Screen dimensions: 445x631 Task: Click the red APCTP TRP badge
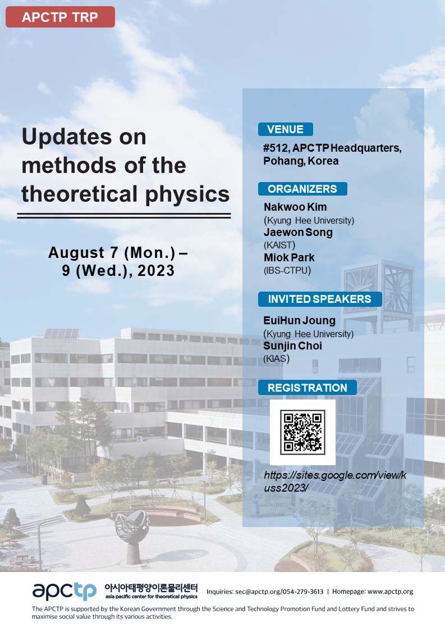(x=60, y=17)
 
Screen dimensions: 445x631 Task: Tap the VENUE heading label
(x=286, y=129)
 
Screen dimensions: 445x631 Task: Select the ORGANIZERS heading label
(x=302, y=189)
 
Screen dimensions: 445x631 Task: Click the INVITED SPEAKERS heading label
(x=319, y=299)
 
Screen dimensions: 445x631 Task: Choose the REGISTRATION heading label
(x=307, y=388)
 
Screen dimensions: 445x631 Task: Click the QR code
(x=302, y=432)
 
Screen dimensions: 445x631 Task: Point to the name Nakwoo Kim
(x=295, y=207)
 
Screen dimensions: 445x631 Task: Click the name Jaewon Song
(x=299, y=232)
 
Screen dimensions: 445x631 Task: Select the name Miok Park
(x=289, y=257)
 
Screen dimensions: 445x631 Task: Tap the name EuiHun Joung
(x=300, y=320)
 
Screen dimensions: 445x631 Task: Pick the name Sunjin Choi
(x=293, y=346)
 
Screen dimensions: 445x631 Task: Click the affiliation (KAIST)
(x=279, y=245)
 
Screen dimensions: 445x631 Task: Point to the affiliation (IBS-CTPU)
(x=287, y=270)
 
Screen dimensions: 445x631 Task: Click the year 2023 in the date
(x=156, y=270)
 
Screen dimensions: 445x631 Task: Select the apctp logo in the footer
(x=65, y=591)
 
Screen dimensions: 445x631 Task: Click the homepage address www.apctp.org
(x=391, y=592)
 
